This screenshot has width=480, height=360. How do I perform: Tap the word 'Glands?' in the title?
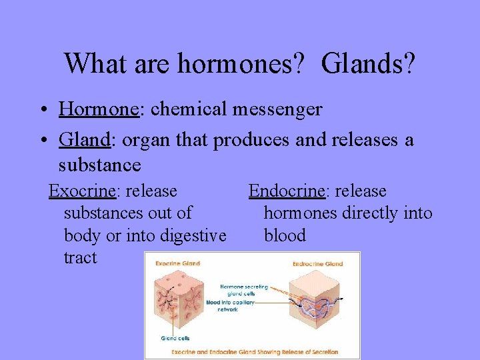(368, 64)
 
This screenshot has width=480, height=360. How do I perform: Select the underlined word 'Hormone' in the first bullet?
(99, 109)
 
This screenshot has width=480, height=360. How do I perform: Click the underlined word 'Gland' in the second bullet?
(84, 141)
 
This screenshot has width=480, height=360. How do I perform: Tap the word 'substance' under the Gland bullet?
(99, 164)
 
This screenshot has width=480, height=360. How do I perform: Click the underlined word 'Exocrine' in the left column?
(83, 191)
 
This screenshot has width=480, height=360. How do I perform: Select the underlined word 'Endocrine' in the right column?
(287, 191)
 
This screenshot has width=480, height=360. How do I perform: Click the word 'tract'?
(80, 258)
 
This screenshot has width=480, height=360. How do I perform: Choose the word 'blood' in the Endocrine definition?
(285, 235)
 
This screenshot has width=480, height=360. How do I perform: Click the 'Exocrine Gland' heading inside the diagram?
(178, 264)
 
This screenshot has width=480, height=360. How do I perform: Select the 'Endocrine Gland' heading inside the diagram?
(317, 264)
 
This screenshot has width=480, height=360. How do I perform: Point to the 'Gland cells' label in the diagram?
(175, 338)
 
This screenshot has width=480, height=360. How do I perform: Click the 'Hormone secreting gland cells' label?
(244, 289)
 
